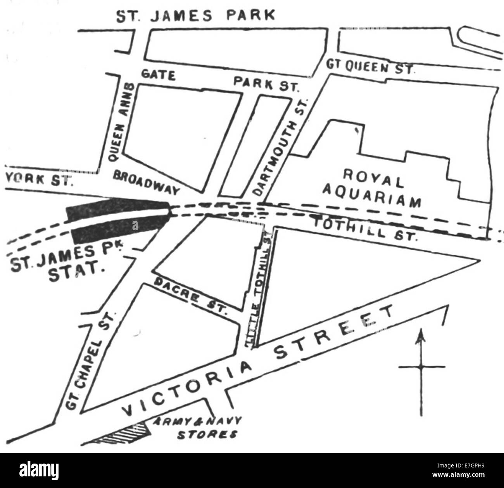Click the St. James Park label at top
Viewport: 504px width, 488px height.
click(196, 16)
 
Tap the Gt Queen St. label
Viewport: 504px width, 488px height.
click(370, 67)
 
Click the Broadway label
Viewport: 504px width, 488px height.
click(147, 182)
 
